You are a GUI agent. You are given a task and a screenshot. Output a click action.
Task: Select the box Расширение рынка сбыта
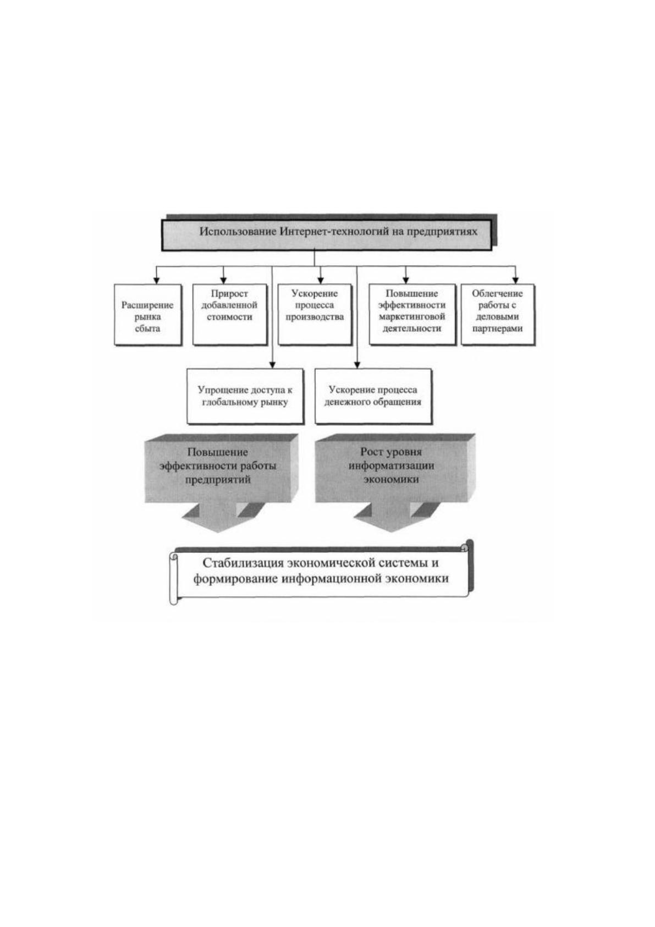click(x=148, y=315)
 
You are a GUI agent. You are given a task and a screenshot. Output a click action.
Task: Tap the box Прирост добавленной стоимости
click(x=230, y=315)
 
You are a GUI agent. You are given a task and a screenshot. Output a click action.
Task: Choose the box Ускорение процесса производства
click(x=315, y=315)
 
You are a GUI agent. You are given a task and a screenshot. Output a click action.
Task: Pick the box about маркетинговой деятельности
click(x=412, y=315)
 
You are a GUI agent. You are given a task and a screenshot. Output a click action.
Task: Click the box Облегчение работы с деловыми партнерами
click(x=497, y=315)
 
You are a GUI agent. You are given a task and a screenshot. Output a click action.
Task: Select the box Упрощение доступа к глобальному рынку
click(x=245, y=397)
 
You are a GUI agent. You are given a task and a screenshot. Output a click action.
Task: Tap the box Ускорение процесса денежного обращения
click(x=373, y=397)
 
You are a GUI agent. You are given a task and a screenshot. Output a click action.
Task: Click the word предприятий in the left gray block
click(x=218, y=480)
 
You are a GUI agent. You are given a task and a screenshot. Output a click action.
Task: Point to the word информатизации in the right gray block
click(x=391, y=465)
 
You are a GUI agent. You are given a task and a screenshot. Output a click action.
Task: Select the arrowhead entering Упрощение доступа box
click(x=272, y=365)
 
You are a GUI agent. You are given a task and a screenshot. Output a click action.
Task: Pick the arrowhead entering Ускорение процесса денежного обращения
click(x=357, y=365)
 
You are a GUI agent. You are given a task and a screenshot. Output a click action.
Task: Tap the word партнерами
click(x=498, y=328)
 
